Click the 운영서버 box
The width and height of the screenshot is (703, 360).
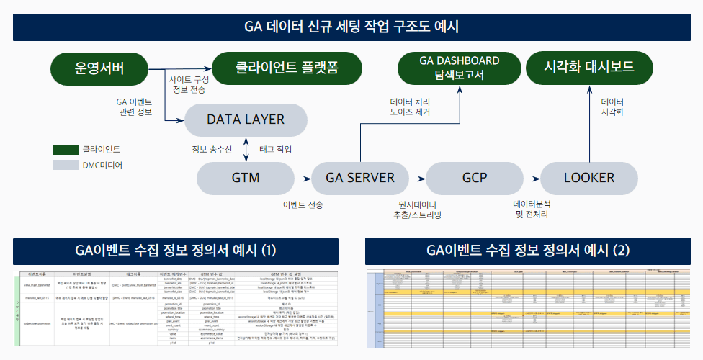click(99, 68)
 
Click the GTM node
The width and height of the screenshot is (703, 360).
click(246, 177)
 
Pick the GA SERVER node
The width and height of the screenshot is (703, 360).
click(361, 177)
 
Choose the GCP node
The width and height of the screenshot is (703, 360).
click(475, 177)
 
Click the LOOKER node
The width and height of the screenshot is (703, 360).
click(589, 177)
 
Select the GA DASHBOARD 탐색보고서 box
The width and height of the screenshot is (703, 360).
click(460, 68)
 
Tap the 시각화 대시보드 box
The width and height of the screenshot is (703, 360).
click(589, 68)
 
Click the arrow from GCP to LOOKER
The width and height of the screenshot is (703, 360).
click(532, 177)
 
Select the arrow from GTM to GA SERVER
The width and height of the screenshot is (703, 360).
click(303, 177)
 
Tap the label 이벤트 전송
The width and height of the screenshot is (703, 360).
click(303, 204)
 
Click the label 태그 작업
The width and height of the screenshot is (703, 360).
click(276, 149)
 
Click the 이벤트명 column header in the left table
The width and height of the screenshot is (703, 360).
click(37, 274)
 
